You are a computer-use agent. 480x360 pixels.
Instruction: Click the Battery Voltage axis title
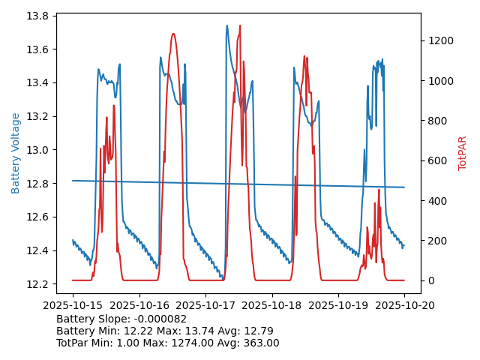pos(16,153)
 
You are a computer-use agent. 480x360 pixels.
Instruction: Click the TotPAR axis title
pos(463,153)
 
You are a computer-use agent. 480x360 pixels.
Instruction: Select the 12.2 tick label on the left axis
pos(38,283)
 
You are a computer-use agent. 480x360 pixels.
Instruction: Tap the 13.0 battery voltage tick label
pos(38,150)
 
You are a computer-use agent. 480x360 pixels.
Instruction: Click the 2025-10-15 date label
pos(73,305)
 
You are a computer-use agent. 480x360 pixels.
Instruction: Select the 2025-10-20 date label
pos(404,305)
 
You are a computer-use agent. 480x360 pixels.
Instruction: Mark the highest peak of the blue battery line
pos(226,25)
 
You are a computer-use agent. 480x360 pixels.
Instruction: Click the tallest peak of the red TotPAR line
pos(240,25)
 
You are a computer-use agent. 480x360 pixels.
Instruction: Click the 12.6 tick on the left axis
pos(38,217)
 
